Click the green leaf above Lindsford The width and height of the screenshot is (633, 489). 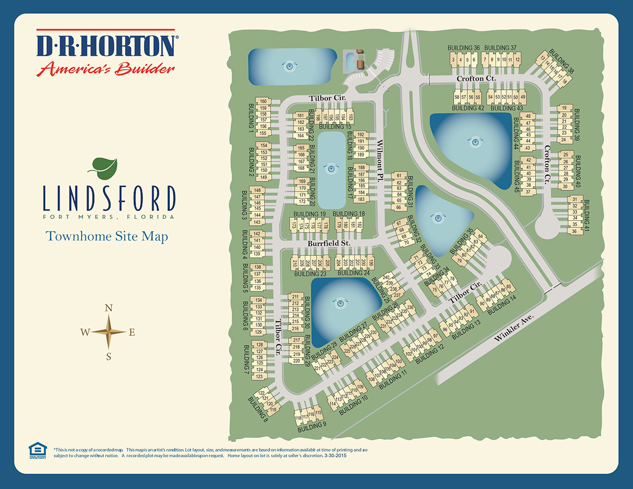(x=104, y=167)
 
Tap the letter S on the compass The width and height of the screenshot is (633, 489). (x=109, y=356)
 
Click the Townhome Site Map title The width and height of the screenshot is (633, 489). (x=107, y=236)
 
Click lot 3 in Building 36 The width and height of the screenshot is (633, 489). (x=454, y=60)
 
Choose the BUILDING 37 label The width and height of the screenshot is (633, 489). (x=500, y=48)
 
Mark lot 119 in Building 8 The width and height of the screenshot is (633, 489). (x=273, y=410)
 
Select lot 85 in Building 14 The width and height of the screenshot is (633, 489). (x=509, y=286)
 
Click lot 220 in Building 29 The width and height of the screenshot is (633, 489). (x=296, y=361)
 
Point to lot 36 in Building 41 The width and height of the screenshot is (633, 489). (x=574, y=231)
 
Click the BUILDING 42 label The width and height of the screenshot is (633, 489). (x=468, y=108)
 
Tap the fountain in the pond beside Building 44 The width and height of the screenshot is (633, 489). (x=476, y=141)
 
